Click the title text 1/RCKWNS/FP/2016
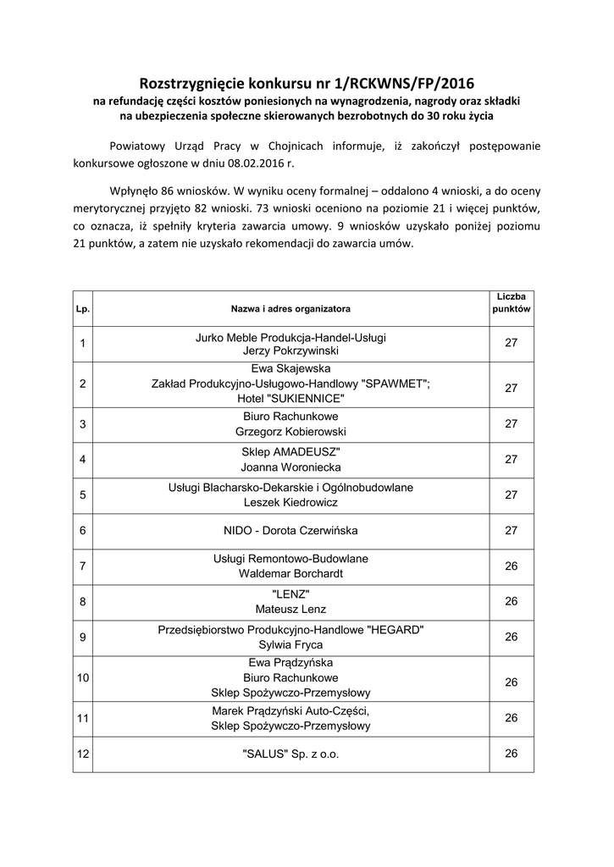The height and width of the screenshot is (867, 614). tap(403, 84)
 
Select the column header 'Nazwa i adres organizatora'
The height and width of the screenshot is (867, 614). tap(290, 309)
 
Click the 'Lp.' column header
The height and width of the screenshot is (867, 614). tap(82, 309)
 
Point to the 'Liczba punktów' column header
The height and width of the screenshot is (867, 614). tap(511, 302)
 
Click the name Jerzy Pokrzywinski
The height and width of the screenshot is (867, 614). tap(290, 350)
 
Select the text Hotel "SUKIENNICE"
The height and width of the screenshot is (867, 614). tap(290, 398)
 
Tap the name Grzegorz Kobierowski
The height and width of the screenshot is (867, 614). tap(290, 432)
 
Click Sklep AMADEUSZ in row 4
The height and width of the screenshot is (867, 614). tap(290, 451)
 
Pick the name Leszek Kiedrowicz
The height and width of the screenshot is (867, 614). tap(290, 502)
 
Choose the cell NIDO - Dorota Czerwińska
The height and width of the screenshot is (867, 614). tap(290, 531)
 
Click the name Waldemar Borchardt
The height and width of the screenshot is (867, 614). tap(290, 573)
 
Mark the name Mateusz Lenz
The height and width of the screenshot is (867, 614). tap(290, 609)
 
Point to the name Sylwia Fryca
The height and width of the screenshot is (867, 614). tap(290, 644)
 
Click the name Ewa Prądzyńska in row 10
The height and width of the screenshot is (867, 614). tap(290, 663)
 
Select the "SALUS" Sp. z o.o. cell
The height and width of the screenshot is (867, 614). tap(290, 754)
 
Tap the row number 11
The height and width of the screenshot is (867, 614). tap(83, 718)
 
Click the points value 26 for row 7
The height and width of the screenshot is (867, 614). tap(511, 566)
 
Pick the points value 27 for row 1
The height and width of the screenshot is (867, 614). tap(511, 342)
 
